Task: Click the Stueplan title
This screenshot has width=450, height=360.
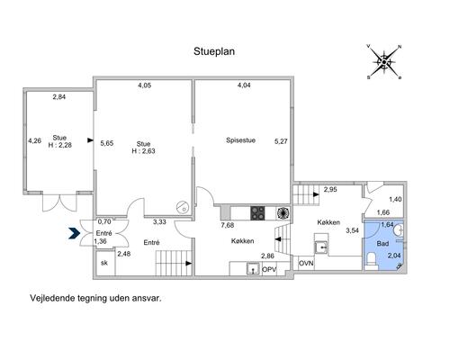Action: point(214,51)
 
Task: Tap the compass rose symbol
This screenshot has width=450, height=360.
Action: point(384,62)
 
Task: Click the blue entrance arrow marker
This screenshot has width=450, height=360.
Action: point(74,233)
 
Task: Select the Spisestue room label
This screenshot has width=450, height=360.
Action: point(240,140)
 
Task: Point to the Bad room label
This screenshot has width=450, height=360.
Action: point(382,244)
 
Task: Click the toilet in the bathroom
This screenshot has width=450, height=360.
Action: point(372,258)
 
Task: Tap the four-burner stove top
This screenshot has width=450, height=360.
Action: point(257,213)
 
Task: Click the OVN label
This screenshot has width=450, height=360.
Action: point(306,264)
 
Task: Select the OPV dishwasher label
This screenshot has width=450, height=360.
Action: point(269,269)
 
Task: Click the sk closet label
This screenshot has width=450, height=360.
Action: point(104,263)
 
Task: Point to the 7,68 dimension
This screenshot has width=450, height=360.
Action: point(228,225)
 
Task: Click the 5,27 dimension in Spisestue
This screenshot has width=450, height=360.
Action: point(281,141)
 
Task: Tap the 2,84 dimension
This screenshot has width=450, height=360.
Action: point(59,97)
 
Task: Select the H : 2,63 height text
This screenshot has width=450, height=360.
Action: point(143,151)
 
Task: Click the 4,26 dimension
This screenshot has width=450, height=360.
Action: point(35,140)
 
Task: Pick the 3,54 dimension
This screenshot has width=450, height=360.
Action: point(352,230)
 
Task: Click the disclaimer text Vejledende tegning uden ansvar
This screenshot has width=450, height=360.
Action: point(95,298)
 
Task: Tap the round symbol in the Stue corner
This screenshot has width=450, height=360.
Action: point(182,207)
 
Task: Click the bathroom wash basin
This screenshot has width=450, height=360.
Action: point(400,230)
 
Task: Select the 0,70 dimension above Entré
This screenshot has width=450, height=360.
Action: point(104,221)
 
